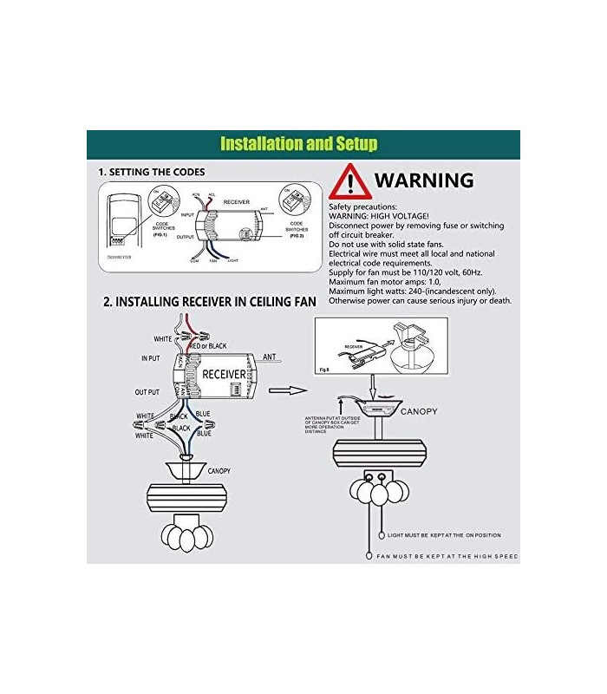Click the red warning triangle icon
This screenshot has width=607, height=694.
point(349,182)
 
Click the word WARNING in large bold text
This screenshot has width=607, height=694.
point(424,181)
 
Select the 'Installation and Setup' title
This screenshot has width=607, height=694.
point(298,144)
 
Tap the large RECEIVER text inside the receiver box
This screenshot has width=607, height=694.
point(223,374)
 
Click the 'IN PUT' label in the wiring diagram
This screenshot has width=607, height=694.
point(151,358)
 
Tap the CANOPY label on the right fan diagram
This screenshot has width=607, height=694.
point(418,411)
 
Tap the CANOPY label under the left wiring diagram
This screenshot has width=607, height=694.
point(218,471)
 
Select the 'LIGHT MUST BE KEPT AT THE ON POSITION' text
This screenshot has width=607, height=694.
point(444,535)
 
